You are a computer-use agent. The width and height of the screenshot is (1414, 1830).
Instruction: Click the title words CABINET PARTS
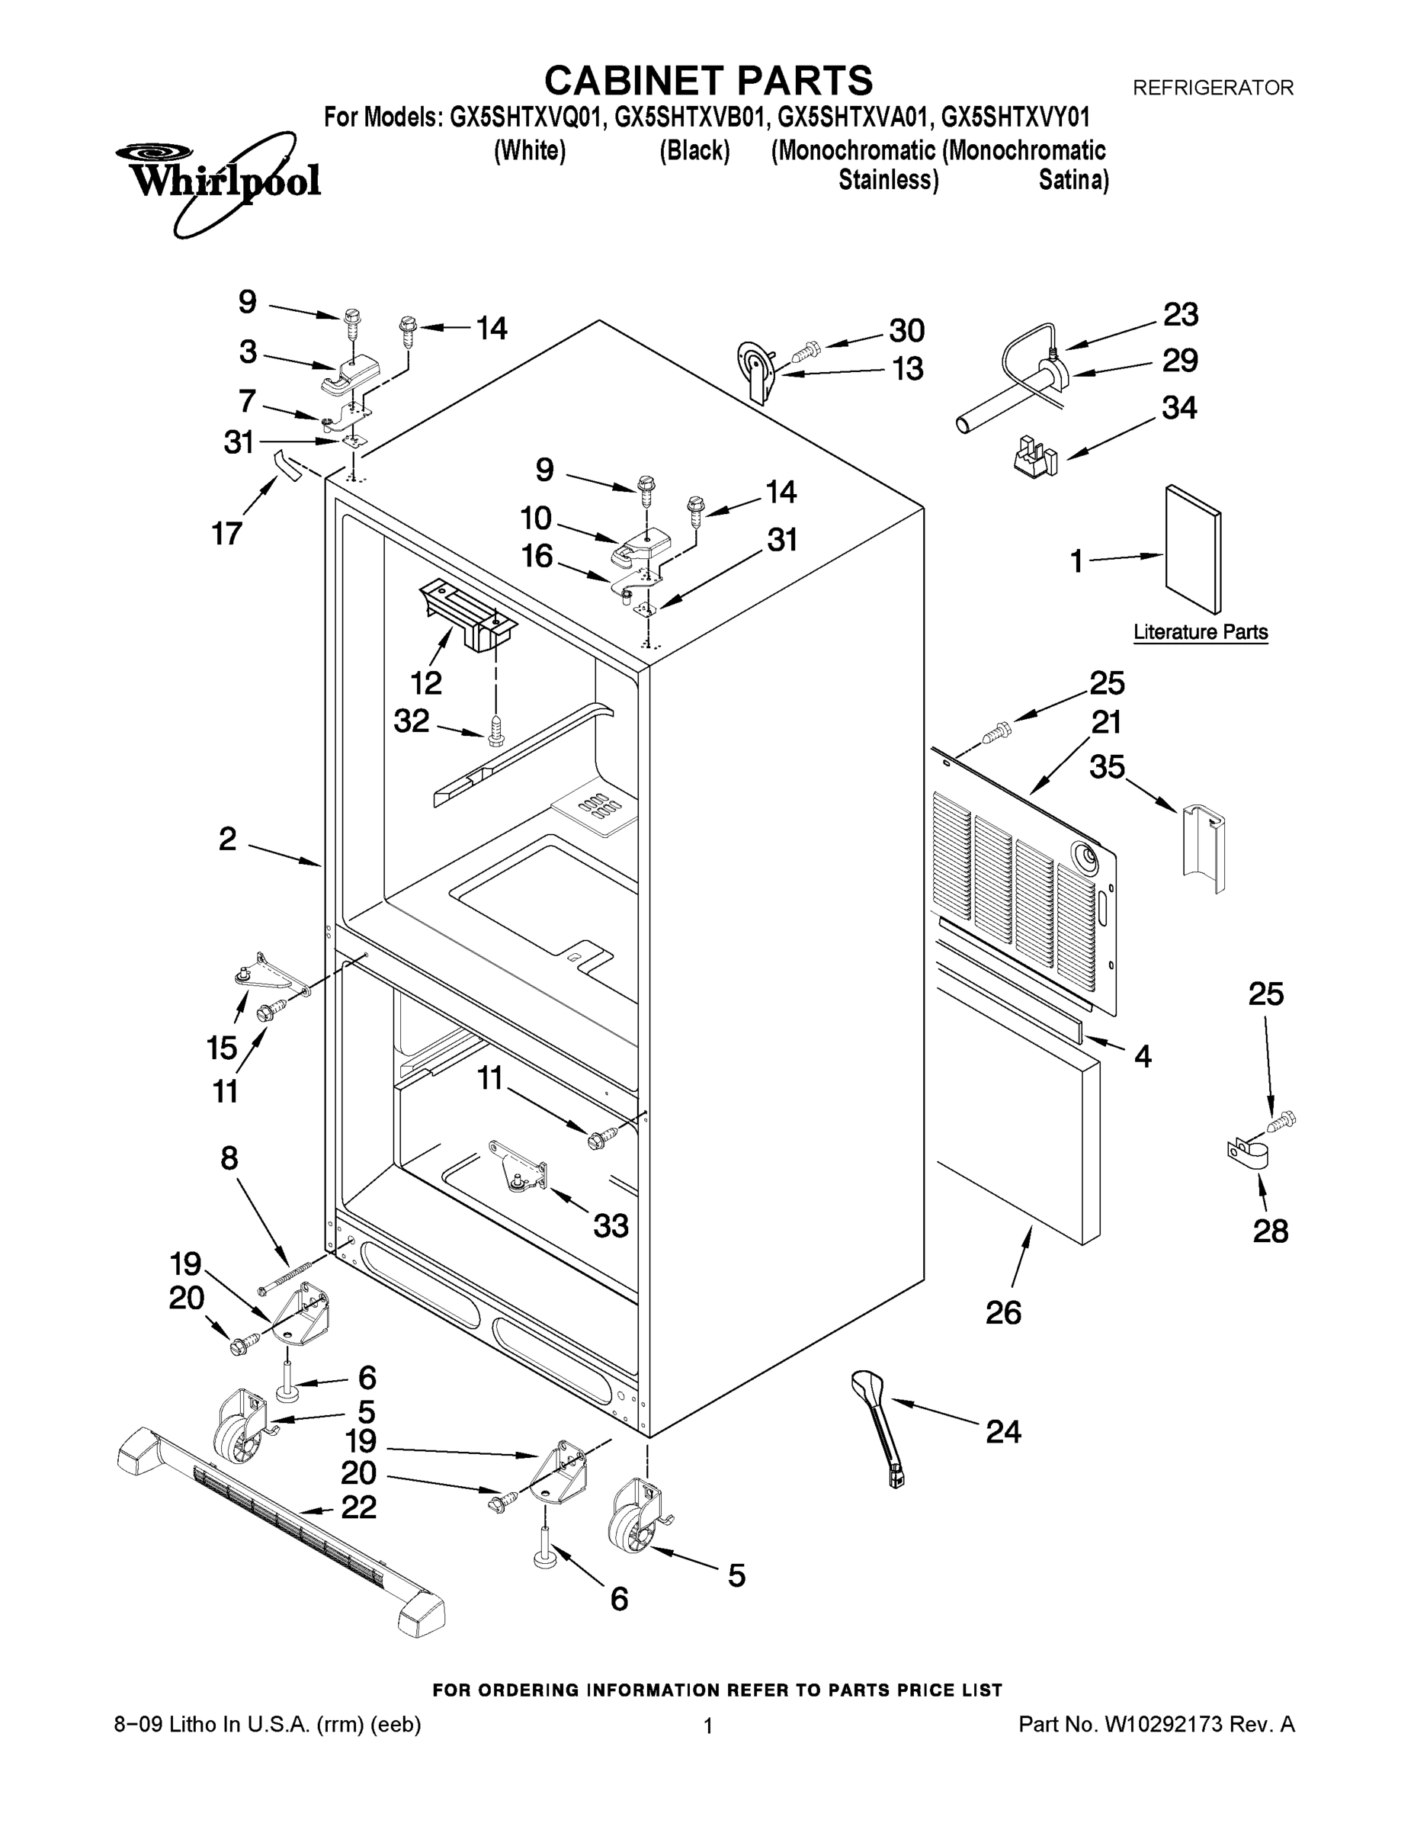(x=708, y=82)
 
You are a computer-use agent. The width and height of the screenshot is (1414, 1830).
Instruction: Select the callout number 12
(x=425, y=683)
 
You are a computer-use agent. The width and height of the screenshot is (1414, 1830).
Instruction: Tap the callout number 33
(x=611, y=1226)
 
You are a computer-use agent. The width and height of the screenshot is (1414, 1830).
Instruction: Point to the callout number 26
(x=1002, y=1312)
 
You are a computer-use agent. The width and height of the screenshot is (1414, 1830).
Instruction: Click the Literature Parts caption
(x=1200, y=632)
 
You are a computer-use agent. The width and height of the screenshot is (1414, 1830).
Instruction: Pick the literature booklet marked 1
(x=1193, y=549)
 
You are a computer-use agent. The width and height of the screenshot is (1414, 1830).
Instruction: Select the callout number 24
(x=1002, y=1432)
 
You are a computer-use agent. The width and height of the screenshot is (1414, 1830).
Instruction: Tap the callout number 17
(x=227, y=533)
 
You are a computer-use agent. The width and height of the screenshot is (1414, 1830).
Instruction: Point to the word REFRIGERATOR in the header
(x=1212, y=87)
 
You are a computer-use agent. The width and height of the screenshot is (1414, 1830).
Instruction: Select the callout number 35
(x=1107, y=766)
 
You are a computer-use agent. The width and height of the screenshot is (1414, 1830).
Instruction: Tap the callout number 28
(x=1270, y=1231)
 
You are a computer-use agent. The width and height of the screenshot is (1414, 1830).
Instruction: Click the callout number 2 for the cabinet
(x=227, y=839)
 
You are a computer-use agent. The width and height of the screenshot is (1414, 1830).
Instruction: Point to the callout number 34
(x=1178, y=407)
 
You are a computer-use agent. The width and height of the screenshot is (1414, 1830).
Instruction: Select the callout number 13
(x=908, y=369)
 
